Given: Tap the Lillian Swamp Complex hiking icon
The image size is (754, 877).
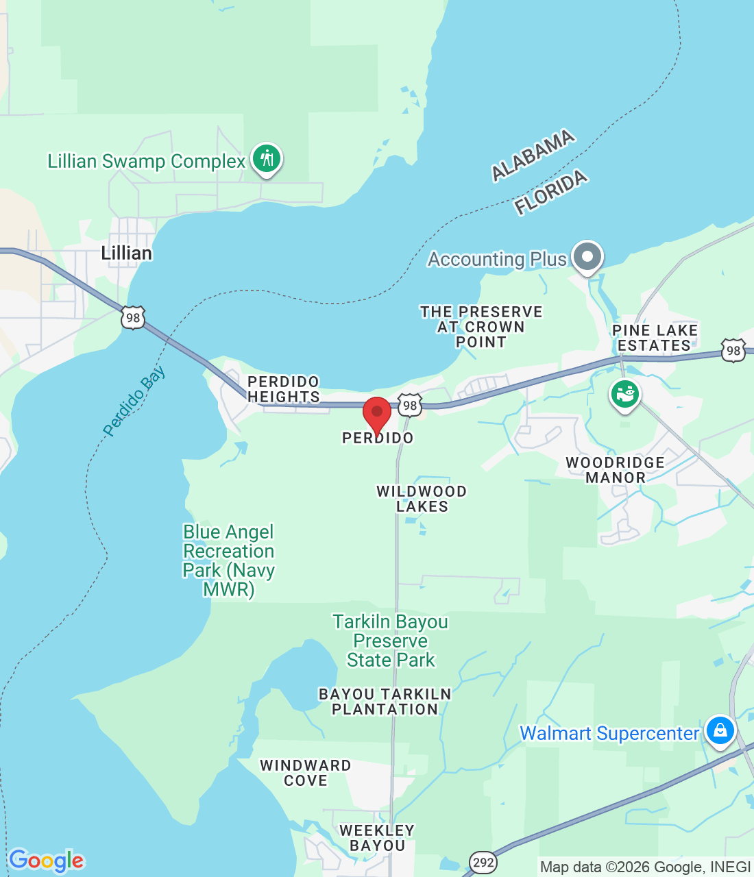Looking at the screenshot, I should [267, 159].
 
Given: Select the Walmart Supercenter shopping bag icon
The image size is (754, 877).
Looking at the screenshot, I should [720, 730].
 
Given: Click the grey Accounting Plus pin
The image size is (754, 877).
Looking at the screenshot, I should [587, 257].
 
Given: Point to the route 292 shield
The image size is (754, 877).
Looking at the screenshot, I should [483, 862].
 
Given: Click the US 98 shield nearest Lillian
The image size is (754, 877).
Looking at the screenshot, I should [133, 318].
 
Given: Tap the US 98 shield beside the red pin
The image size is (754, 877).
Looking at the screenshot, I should [410, 405].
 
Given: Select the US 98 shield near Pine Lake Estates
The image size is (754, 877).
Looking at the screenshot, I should [733, 351].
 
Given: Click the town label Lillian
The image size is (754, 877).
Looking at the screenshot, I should [126, 254].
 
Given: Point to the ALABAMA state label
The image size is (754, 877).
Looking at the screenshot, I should [533, 156].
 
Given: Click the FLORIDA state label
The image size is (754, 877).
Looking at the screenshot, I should [551, 193].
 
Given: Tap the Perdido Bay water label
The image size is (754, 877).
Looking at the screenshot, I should [134, 402].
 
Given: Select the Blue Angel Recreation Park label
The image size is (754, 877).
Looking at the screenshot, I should [228, 560].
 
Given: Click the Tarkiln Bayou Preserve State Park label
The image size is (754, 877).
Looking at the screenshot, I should [390, 641].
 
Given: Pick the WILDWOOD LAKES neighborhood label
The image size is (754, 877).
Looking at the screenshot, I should [422, 499].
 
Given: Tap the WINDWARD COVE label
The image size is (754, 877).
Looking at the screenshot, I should [306, 773].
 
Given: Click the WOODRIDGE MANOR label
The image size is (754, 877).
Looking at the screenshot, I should [615, 470].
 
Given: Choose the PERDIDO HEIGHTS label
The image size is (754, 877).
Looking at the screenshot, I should [284, 389].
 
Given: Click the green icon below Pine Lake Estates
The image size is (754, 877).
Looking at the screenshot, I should [624, 395].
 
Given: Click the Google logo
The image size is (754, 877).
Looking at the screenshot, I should [46, 861].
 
